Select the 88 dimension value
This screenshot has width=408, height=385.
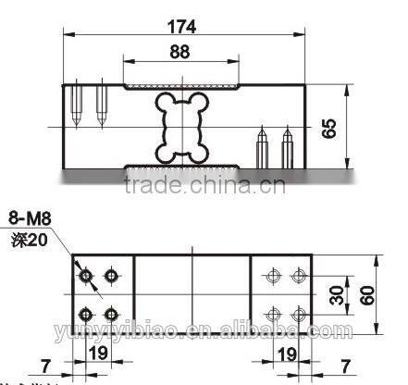click(179, 52)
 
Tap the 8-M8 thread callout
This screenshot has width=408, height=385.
click(30, 219)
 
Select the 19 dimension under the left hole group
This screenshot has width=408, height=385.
click(98, 353)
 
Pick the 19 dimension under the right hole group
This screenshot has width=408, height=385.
click(287, 353)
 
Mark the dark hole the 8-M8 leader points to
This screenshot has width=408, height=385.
click(85, 276)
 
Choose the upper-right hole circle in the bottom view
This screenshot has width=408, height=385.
click(298, 276)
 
